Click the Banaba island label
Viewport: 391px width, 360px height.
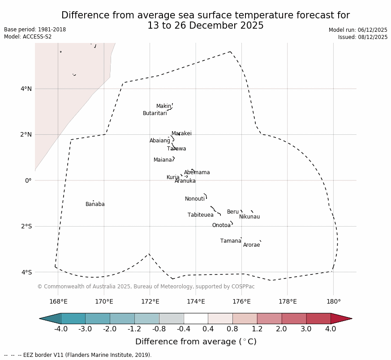(95, 205)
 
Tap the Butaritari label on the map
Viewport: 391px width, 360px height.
(155, 114)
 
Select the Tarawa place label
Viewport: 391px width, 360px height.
(176, 149)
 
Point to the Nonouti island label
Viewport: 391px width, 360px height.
(195, 199)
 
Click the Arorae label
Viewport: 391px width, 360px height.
(251, 245)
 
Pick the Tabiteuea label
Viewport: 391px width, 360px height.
(201, 215)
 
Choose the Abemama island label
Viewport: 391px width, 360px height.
(197, 173)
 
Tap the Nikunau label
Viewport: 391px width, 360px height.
(249, 217)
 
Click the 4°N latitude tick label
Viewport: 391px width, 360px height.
(26, 89)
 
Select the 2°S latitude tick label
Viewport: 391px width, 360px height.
(26, 227)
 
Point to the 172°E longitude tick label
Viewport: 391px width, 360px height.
(150, 302)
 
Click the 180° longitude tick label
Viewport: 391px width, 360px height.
(333, 302)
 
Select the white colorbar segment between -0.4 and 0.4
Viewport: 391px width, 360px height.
(196, 319)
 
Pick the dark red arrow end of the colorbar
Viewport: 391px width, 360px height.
(341, 319)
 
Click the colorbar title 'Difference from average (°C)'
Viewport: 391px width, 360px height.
(196, 342)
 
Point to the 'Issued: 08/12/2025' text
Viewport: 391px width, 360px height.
(363, 38)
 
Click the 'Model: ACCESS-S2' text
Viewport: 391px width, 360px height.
(28, 37)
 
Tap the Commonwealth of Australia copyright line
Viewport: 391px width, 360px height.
(146, 287)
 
